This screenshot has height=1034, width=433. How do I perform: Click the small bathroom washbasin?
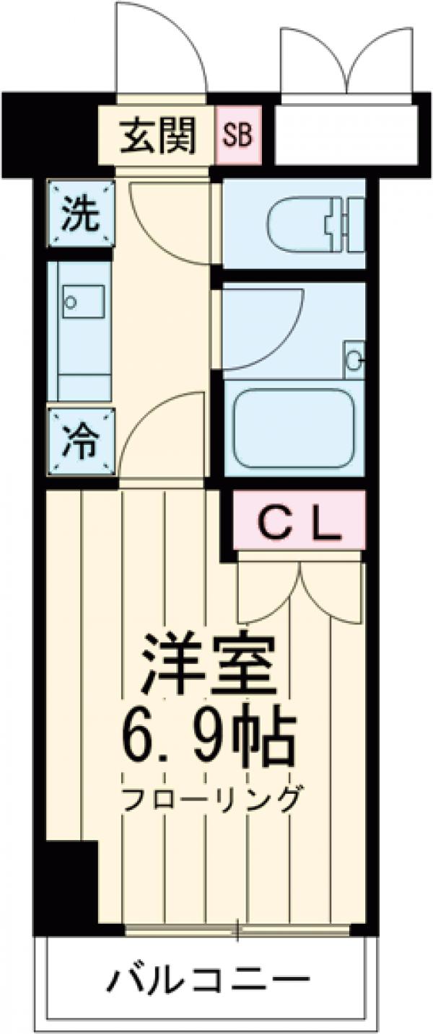[x=354, y=357]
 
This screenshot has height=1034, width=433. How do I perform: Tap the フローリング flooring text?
[x=210, y=798]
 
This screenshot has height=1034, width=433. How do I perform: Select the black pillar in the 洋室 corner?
[x=72, y=884]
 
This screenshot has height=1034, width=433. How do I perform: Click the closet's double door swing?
[x=299, y=591]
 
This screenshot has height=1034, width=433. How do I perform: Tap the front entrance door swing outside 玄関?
[x=162, y=50]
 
